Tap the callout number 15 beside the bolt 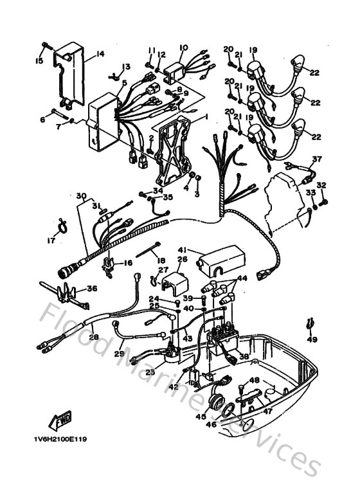pyautogui.click(x=39, y=61)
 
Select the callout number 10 pyautogui.click(x=183, y=48)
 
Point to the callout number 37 pyautogui.click(x=316, y=159)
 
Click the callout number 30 pyautogui.click(x=80, y=195)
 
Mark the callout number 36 pyautogui.click(x=92, y=289)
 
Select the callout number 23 pyautogui.click(x=150, y=372)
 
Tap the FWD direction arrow pyautogui.click(x=62, y=420)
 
